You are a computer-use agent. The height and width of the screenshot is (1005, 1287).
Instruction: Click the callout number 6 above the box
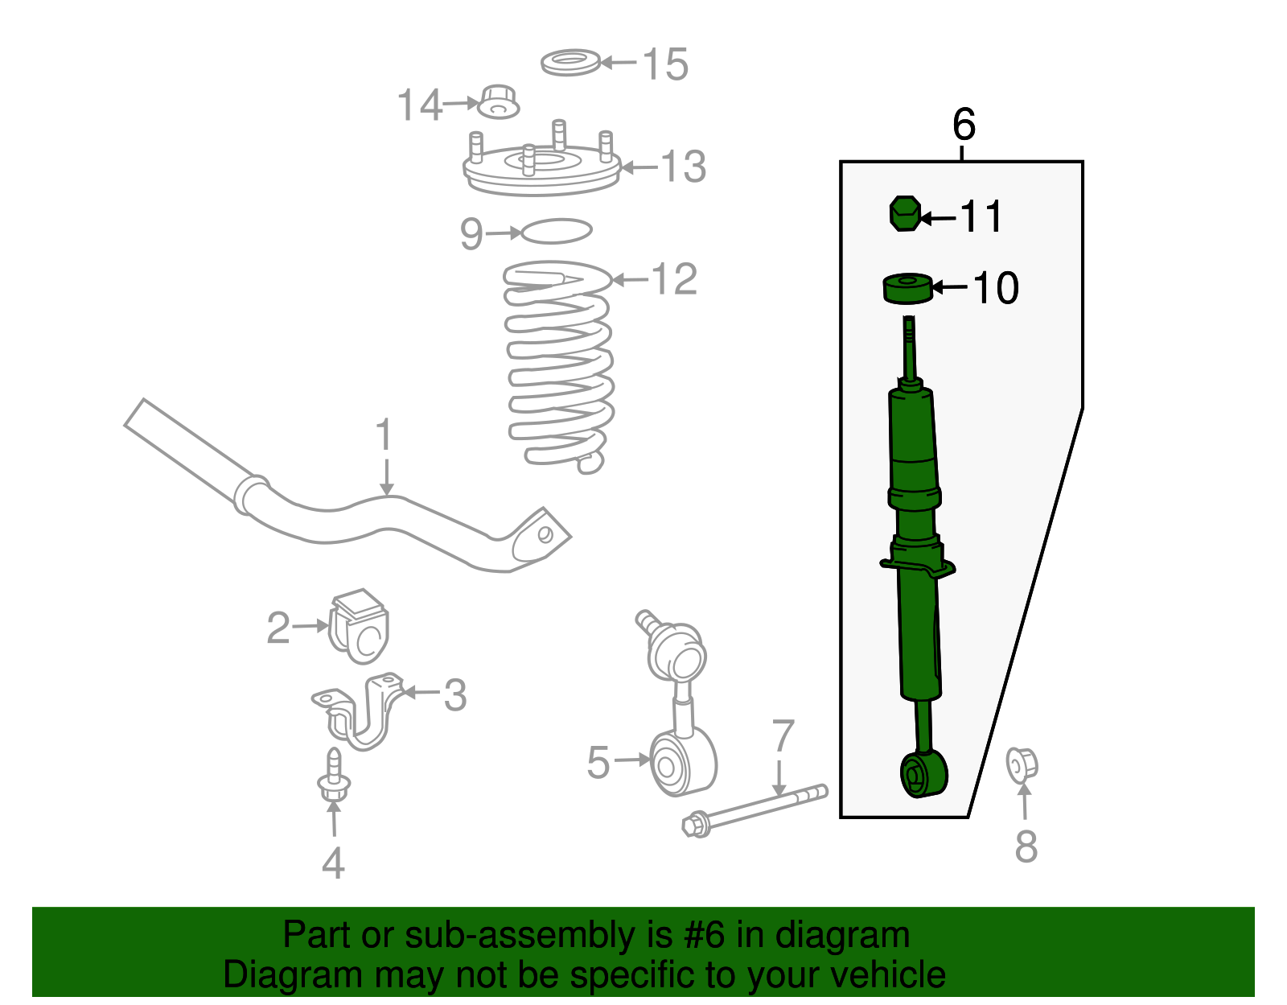tap(964, 125)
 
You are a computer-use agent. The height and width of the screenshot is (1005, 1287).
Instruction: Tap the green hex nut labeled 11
tap(905, 213)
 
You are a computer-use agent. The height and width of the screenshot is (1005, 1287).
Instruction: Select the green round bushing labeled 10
tap(908, 289)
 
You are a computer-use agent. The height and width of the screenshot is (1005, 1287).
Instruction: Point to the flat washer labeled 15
tap(570, 62)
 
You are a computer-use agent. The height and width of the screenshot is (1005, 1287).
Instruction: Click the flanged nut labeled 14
tap(499, 102)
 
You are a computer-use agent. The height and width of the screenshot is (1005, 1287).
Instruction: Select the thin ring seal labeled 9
tap(557, 232)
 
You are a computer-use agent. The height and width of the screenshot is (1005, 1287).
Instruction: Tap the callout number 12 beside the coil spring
tap(674, 279)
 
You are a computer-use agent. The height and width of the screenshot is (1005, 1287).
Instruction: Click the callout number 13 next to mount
tap(683, 167)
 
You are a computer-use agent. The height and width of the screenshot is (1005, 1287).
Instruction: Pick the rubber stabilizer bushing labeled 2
tap(359, 627)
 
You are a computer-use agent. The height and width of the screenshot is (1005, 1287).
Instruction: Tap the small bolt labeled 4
tap(334, 776)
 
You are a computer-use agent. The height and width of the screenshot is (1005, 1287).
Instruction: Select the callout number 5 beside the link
tap(598, 762)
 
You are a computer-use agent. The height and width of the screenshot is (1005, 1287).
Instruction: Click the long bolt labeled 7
tap(756, 810)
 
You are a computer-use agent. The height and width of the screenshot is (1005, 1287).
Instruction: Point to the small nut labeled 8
tap(1022, 764)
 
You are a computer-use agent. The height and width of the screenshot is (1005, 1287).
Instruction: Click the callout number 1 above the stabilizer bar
tap(384, 435)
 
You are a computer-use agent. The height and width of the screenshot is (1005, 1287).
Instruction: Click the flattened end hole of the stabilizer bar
tap(545, 534)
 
